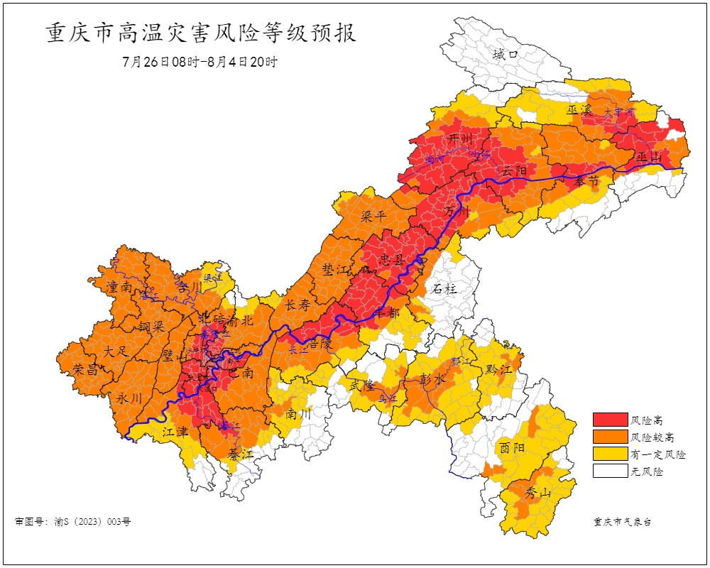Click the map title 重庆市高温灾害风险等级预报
201,33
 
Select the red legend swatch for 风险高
610,420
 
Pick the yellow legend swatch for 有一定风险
610,454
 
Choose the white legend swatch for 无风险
610,471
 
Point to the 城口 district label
506,54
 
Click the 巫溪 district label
579,110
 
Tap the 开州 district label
460,138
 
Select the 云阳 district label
513,171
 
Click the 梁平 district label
373,215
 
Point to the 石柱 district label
444,289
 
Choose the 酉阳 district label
511,447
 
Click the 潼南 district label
119,287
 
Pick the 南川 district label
300,413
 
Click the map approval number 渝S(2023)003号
73,522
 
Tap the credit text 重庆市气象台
622,522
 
